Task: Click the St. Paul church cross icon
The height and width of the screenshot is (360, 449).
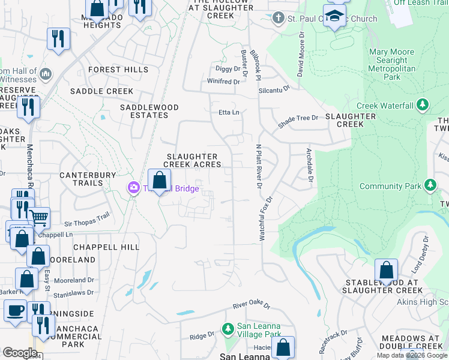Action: [277, 19]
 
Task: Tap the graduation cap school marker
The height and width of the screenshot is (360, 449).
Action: [334, 16]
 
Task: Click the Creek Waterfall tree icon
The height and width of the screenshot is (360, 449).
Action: [423, 106]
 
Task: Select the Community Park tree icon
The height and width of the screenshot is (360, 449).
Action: [430, 186]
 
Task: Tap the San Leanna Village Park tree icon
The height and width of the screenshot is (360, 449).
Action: [228, 329]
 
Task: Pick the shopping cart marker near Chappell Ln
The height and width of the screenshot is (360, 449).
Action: [38, 218]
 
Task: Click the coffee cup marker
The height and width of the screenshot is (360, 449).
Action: [15, 311]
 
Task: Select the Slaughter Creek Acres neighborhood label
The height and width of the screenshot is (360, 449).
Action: [193, 160]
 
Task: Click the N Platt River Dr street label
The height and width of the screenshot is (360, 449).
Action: [259, 167]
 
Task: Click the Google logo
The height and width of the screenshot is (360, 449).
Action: [20, 352]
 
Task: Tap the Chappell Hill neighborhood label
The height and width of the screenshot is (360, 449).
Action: [106, 247]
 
